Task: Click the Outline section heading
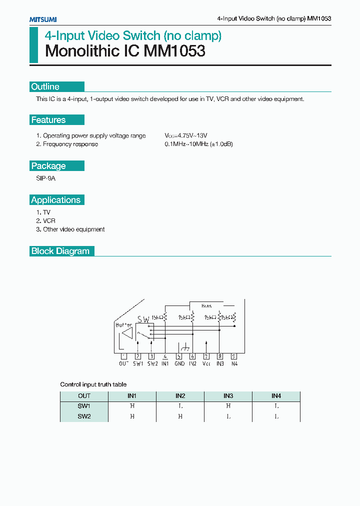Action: (45, 86)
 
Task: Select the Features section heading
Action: (48, 120)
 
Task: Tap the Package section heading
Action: (48, 166)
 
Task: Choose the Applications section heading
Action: (56, 200)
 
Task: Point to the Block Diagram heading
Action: (60, 251)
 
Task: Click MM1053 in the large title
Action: (174, 51)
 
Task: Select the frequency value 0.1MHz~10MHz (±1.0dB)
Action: (199, 144)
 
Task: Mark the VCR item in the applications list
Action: (49, 220)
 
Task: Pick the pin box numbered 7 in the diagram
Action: (206, 356)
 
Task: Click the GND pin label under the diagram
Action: (179, 363)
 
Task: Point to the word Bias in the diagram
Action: (206, 305)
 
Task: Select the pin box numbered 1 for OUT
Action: (123, 356)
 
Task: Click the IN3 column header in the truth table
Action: (228, 395)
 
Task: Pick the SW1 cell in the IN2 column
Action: (180, 406)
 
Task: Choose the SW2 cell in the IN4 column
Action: (276, 416)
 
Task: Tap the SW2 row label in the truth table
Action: (84, 416)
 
